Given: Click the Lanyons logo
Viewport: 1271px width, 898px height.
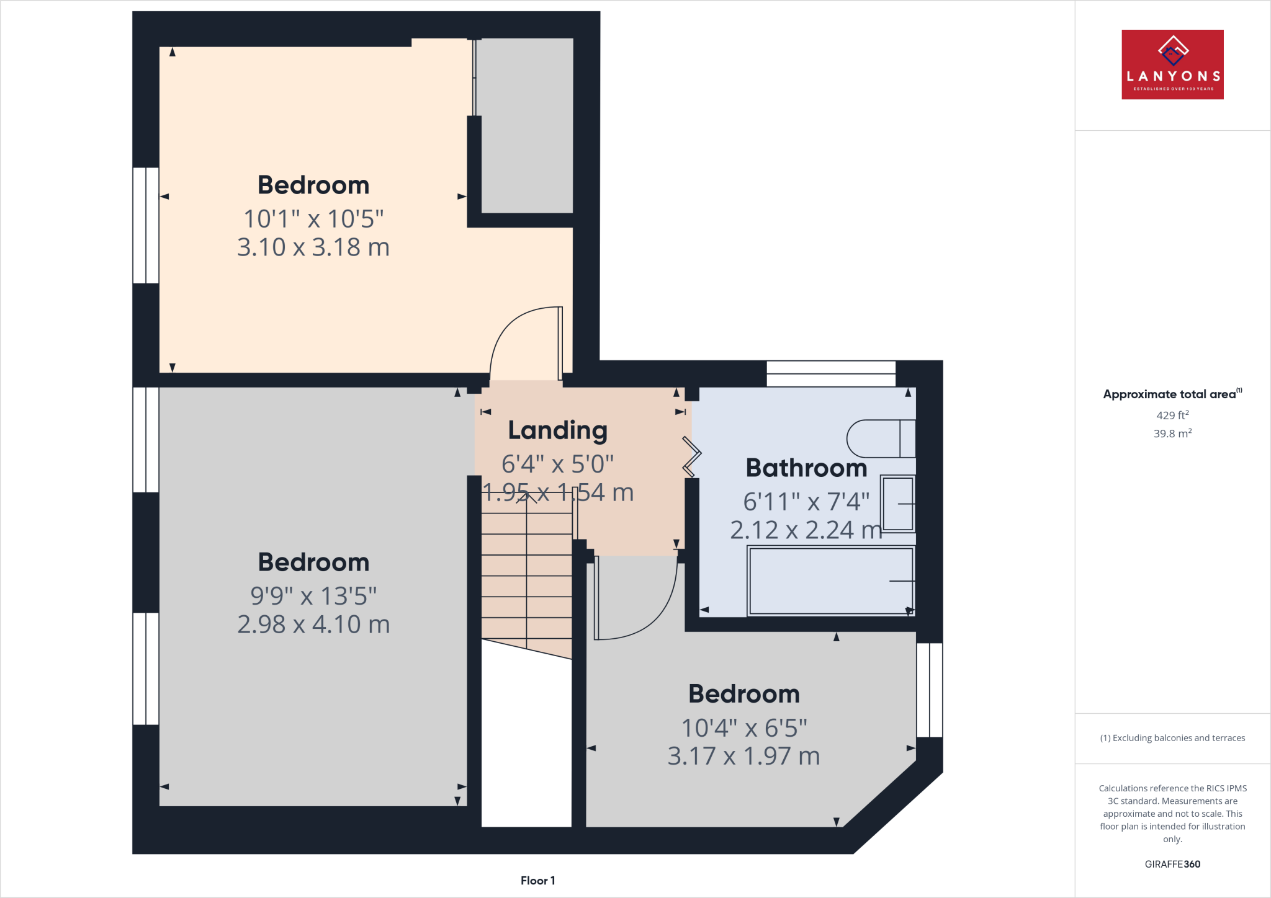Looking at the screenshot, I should [x=1172, y=64].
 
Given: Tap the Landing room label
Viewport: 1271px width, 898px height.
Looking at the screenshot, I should [x=557, y=430].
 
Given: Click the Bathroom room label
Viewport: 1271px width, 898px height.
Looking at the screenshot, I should [x=806, y=468].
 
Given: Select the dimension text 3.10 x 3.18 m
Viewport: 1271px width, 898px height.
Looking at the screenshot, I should [x=313, y=247].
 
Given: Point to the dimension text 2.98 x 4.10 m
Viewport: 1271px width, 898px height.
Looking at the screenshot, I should [x=313, y=625].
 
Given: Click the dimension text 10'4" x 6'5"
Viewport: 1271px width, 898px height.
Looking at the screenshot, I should [x=744, y=728].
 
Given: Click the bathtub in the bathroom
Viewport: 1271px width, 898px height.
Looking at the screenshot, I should [x=830, y=581].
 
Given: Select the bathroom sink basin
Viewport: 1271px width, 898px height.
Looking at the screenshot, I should [x=897, y=504].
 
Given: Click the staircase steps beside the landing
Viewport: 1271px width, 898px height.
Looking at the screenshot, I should [x=526, y=577].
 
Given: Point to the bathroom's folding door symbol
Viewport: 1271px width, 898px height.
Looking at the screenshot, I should [x=691, y=457].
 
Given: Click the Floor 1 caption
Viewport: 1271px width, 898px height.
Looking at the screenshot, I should [x=537, y=881].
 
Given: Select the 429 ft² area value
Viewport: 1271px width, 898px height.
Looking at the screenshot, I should [x=1172, y=416].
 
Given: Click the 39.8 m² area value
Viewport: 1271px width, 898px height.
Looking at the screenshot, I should [x=1172, y=433].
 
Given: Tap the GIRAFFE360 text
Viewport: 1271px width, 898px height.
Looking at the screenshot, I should [x=1172, y=864].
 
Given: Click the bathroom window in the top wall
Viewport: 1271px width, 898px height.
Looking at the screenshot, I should [x=830, y=374].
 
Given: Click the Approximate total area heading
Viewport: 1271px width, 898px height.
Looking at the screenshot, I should [x=1172, y=394].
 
